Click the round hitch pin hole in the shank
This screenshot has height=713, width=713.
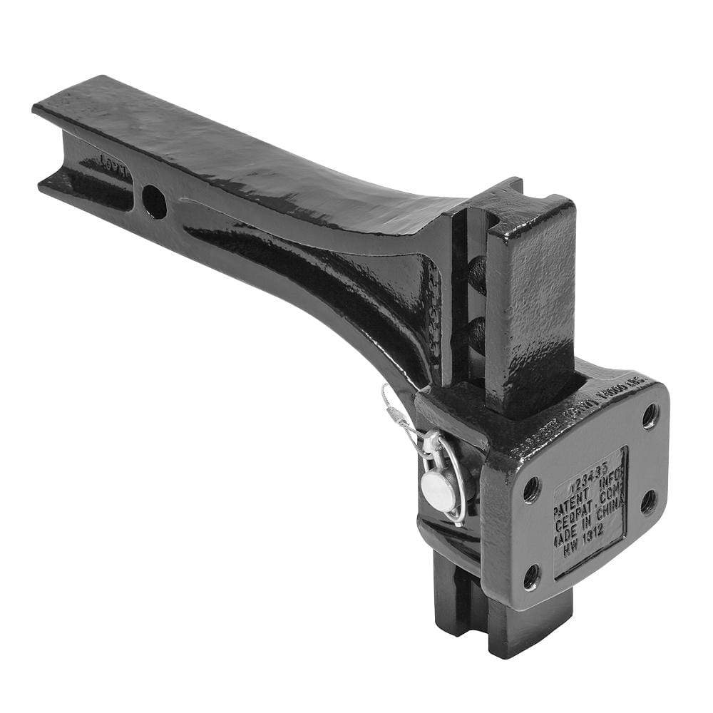point(154,202)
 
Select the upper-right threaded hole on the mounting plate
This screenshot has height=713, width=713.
point(650,416)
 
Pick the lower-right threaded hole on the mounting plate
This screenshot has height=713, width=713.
point(648,501)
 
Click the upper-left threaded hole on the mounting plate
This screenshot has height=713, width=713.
point(531,489)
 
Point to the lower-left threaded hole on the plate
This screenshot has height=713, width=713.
point(531,576)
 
